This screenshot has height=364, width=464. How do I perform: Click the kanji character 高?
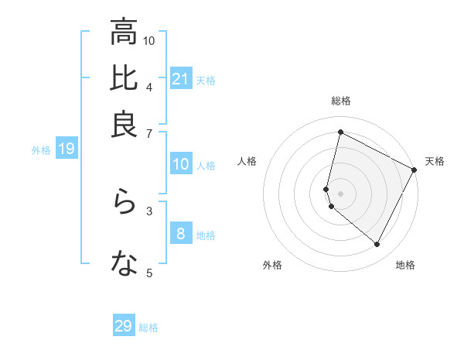124,33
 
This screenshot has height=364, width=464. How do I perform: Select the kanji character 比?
124,79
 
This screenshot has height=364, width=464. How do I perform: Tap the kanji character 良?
124,125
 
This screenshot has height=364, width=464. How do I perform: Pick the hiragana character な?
124,265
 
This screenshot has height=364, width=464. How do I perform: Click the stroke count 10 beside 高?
149,40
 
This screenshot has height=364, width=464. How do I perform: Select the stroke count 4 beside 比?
148,86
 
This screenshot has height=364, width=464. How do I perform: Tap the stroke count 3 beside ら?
148,210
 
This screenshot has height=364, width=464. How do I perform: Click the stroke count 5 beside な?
148,273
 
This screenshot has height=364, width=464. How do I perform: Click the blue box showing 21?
180,79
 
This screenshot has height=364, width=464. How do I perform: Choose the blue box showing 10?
180,164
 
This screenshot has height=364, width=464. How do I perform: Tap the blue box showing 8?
180,234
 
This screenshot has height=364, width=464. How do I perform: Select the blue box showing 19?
67,149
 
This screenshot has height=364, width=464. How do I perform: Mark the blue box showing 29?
124,326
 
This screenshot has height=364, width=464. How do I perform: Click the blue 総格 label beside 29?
148,328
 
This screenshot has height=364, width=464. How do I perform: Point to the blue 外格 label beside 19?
40,150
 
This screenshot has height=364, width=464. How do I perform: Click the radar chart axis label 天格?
435,161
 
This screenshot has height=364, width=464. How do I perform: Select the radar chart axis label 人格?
247,161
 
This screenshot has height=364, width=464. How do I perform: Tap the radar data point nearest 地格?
377,245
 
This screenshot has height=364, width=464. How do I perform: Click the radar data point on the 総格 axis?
340,132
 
